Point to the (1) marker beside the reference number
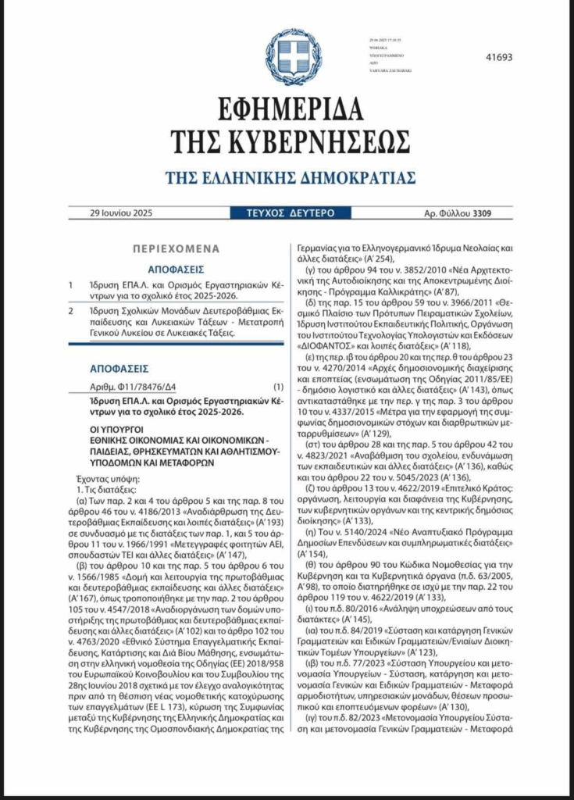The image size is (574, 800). [278, 387]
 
